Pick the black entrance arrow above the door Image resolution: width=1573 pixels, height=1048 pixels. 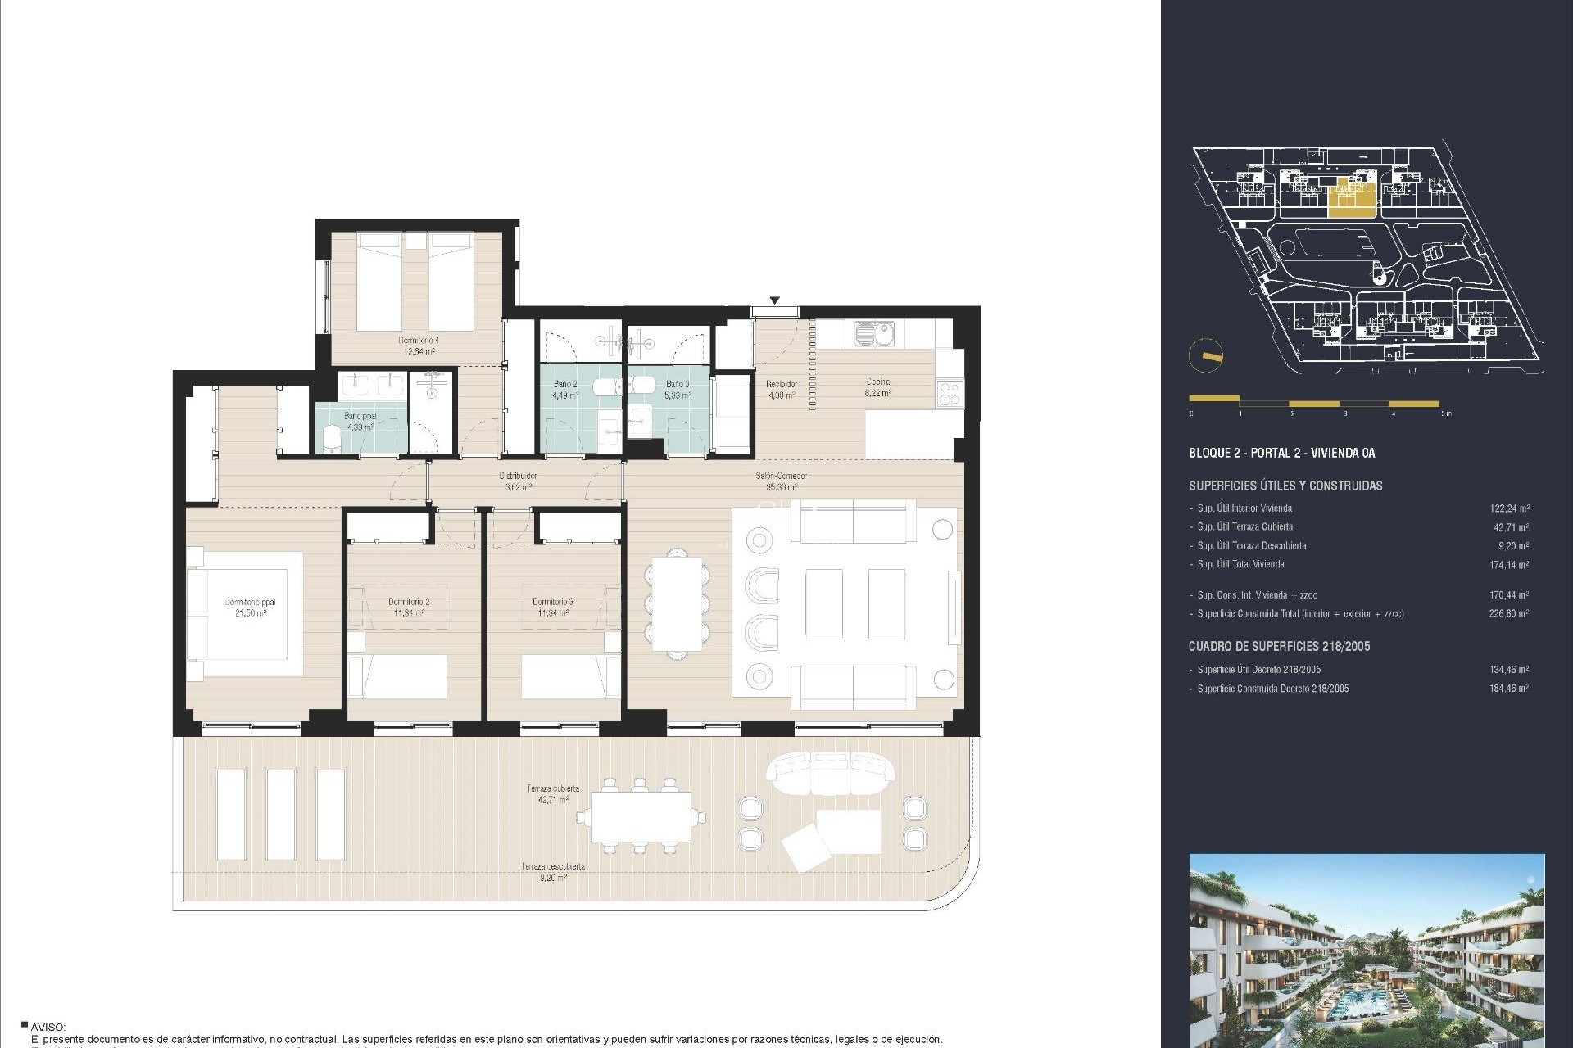[x=774, y=300]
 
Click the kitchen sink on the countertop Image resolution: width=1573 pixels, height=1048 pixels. [x=874, y=332]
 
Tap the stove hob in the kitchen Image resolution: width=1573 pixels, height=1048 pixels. [x=950, y=394]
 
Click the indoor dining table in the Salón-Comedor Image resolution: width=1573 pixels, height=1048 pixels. [x=677, y=604]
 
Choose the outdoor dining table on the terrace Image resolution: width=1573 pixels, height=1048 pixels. [x=640, y=817]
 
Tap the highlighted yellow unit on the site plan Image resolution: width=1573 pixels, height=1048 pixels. [x=1350, y=199]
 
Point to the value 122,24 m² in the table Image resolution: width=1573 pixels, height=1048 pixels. [x=1508, y=508]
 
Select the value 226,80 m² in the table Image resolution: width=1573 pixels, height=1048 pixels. [x=1508, y=613]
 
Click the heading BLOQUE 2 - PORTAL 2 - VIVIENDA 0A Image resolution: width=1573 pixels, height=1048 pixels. [x=1281, y=453]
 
